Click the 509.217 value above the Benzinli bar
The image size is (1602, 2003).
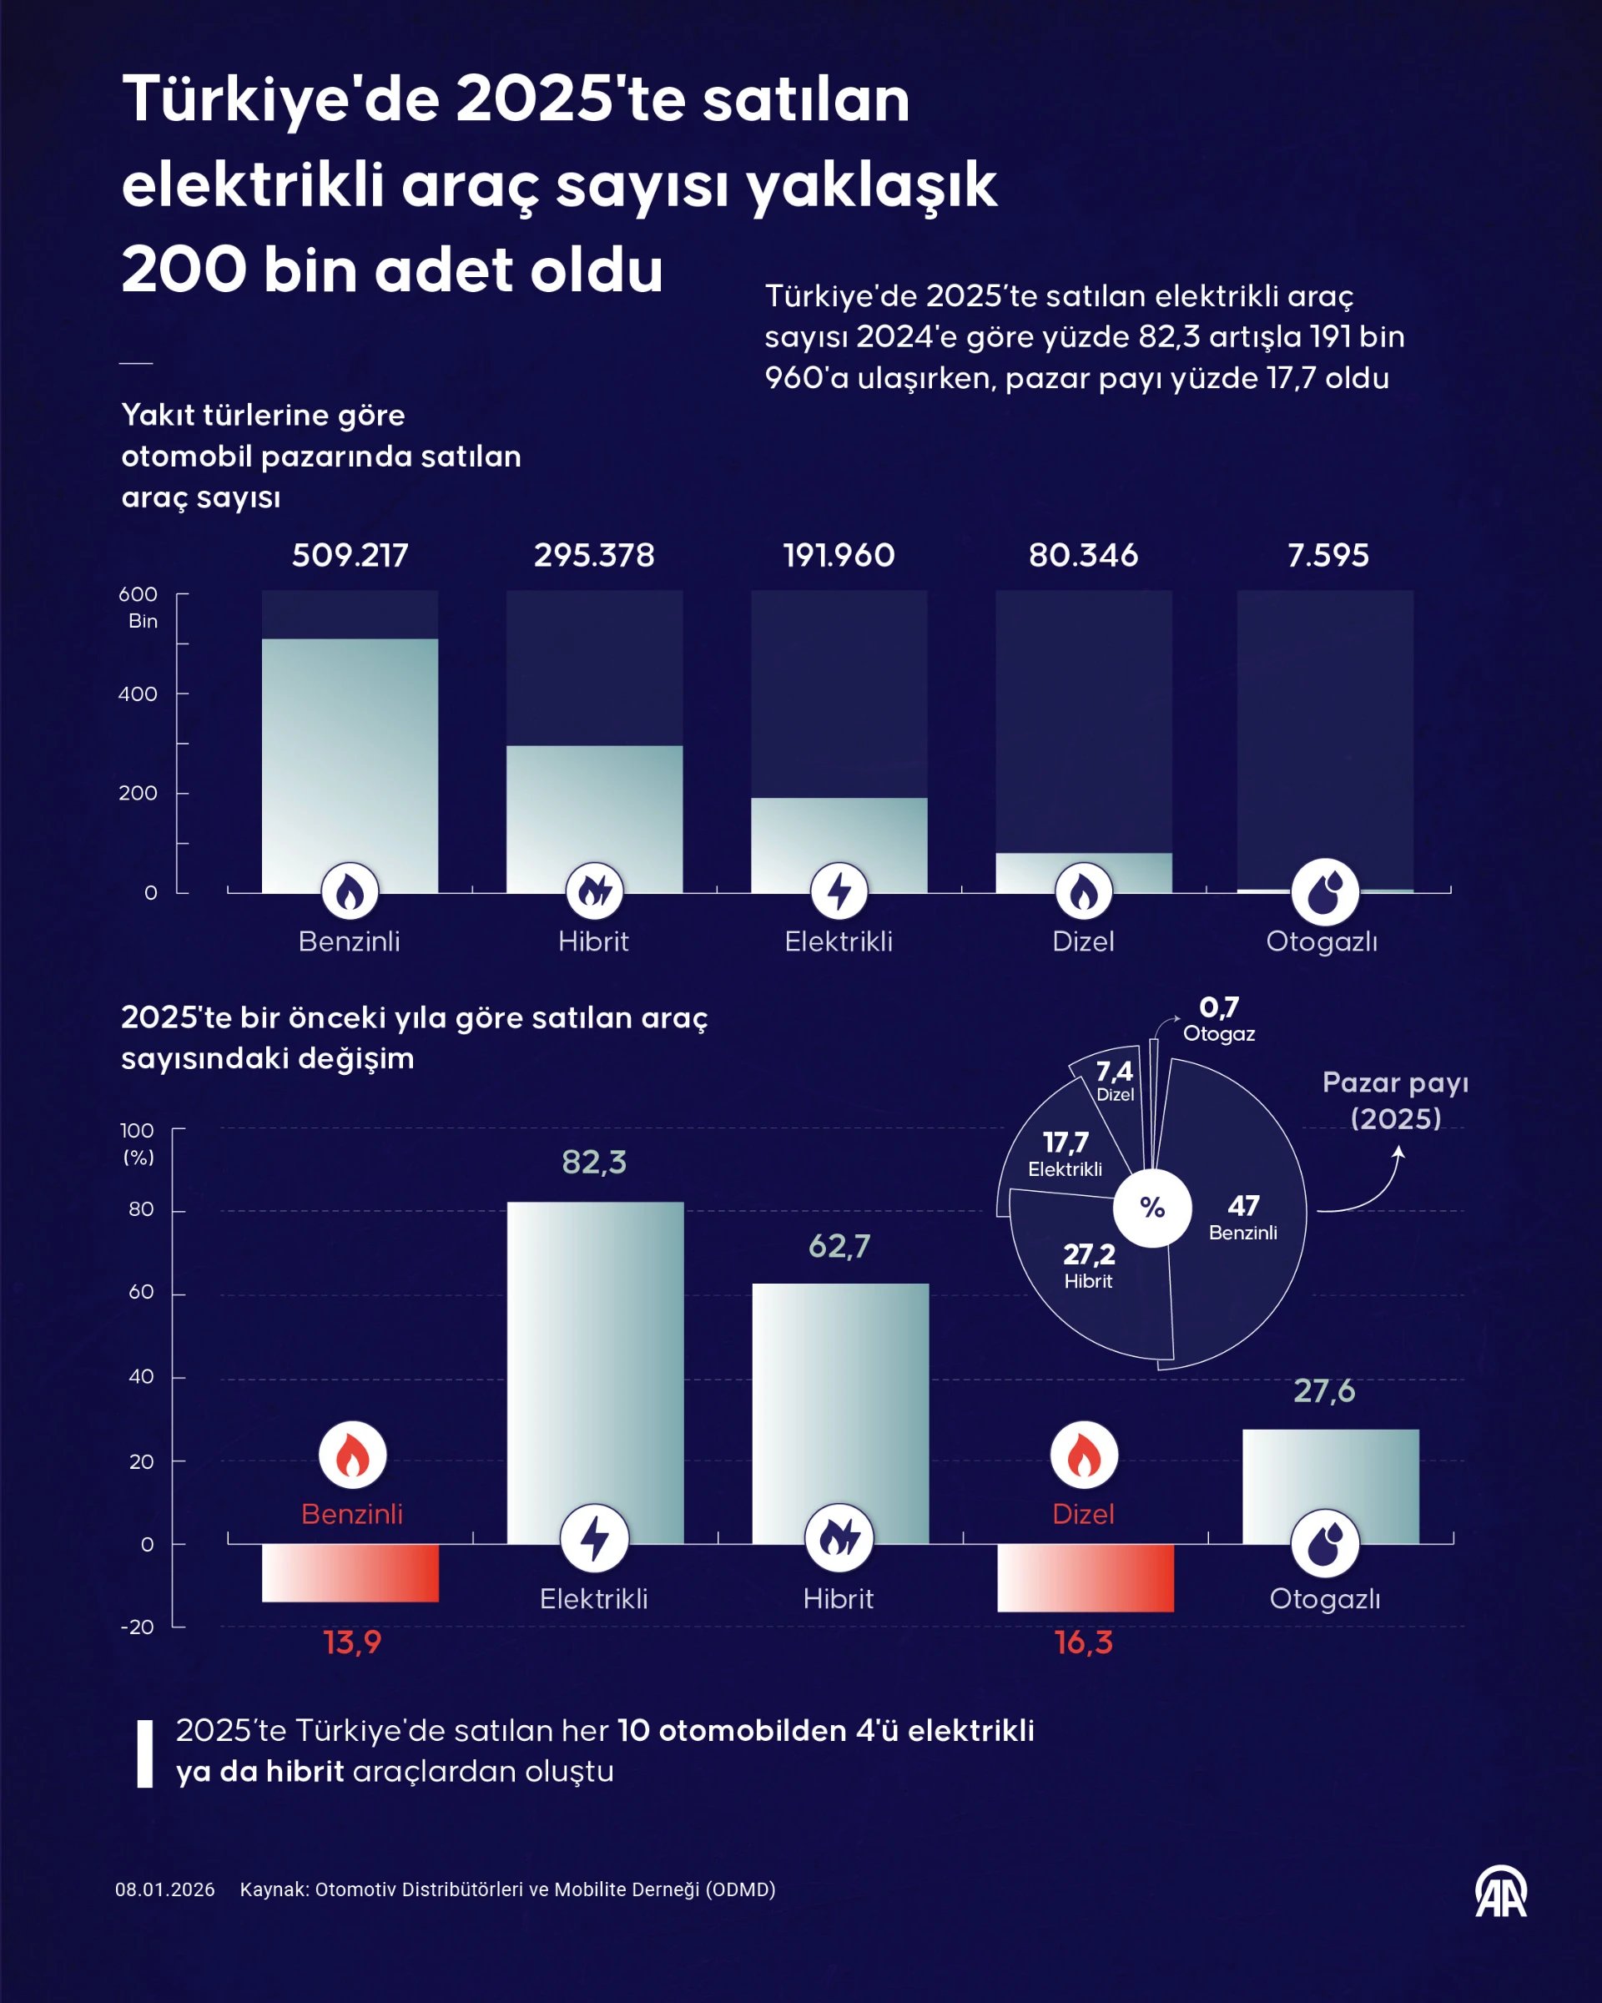coord(350,556)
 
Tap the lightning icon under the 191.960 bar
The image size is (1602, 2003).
coord(839,891)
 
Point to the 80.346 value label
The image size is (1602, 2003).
coord(1083,556)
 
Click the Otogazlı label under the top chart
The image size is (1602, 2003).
coord(1322,941)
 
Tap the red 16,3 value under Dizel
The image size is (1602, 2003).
coord(1083,1642)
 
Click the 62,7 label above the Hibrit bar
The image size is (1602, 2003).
coord(839,1246)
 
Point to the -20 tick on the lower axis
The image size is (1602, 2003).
coord(138,1627)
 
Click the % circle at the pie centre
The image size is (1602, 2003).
coord(1151,1208)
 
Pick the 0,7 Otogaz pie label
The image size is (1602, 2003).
coord(1218,1018)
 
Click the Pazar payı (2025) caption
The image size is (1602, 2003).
coord(1395,1100)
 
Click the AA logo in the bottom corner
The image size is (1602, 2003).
coord(1501,1891)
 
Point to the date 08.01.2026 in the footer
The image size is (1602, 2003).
coord(164,1889)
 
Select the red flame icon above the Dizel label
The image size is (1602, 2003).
coord(1083,1455)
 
